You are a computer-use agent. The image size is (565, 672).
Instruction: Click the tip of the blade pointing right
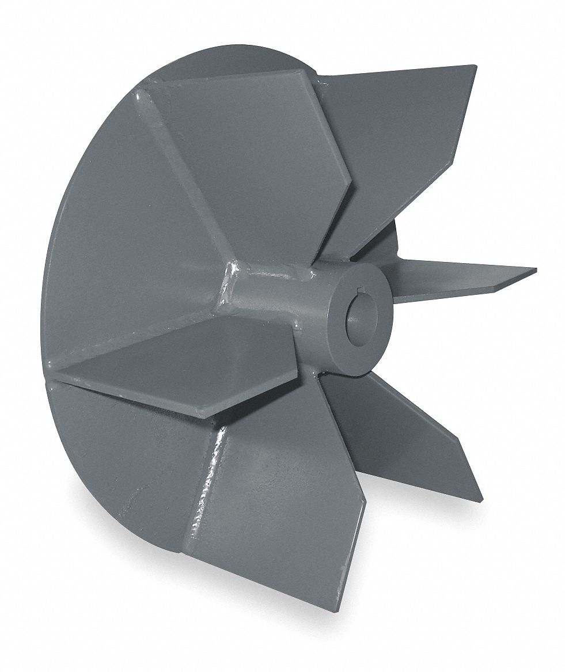click(534, 271)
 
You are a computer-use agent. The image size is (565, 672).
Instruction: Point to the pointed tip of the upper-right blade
click(476, 75)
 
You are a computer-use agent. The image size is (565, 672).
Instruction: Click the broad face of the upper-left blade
click(253, 150)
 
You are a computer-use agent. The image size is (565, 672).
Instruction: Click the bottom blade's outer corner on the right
click(364, 501)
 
